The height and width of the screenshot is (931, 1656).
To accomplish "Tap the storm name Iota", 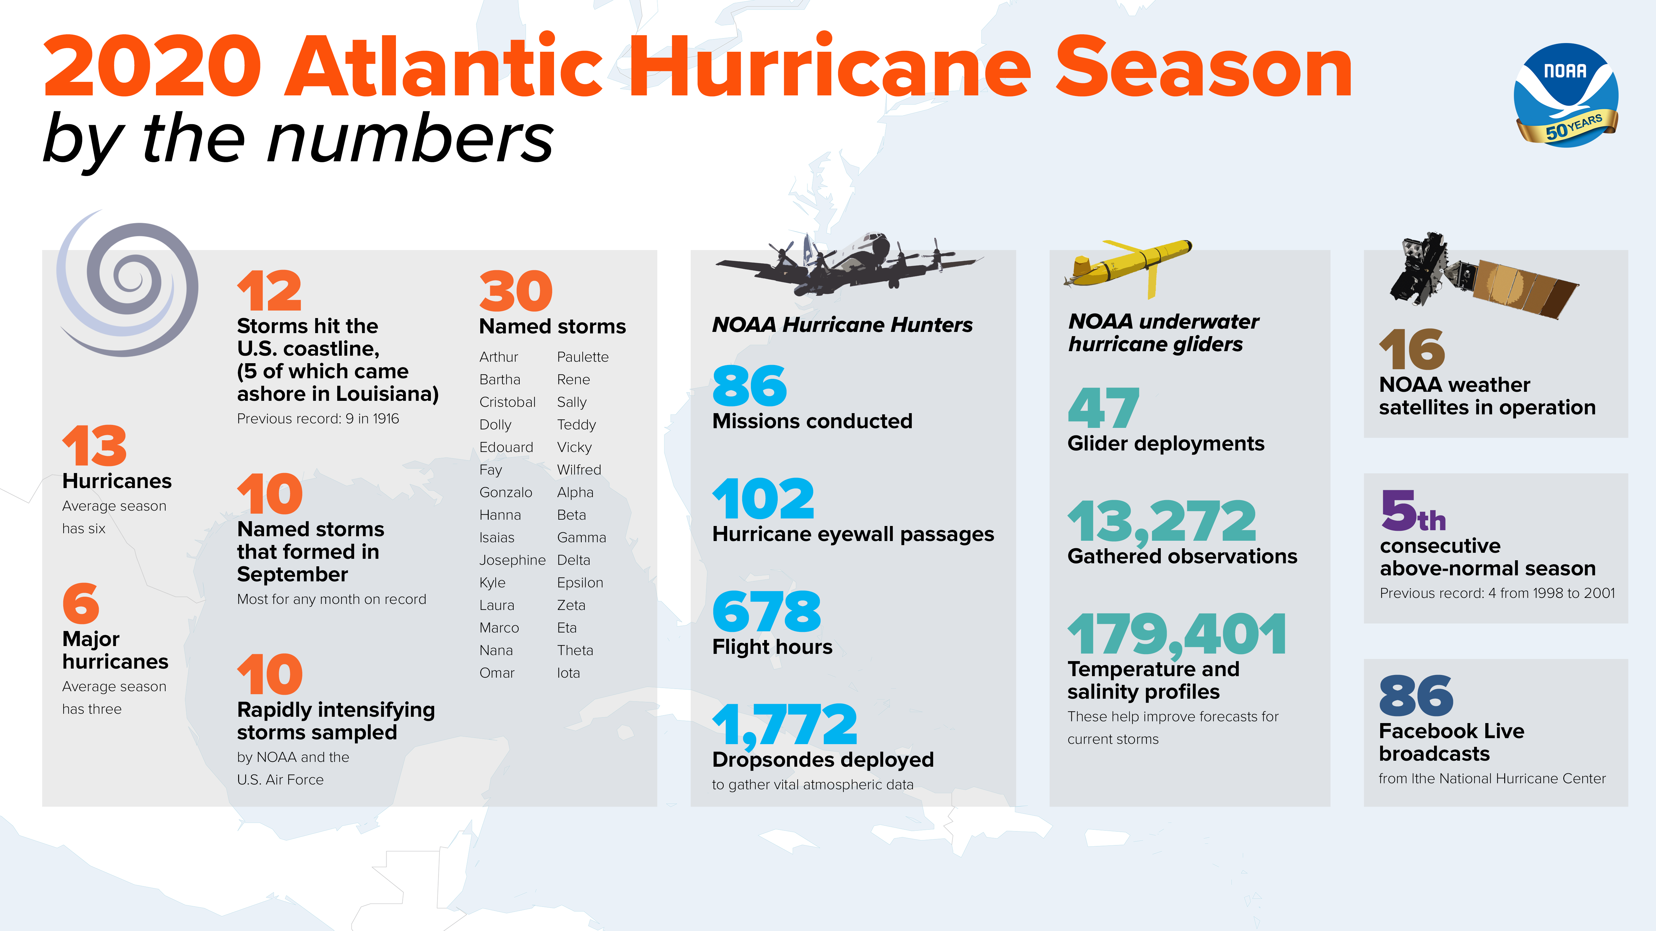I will [x=568, y=673].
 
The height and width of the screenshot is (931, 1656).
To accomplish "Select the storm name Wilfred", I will [x=579, y=470].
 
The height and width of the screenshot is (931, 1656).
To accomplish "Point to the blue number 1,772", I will [x=784, y=724].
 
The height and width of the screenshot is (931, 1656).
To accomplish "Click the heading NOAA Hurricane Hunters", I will [x=842, y=324].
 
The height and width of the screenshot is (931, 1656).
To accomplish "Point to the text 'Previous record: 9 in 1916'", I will [x=318, y=419].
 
